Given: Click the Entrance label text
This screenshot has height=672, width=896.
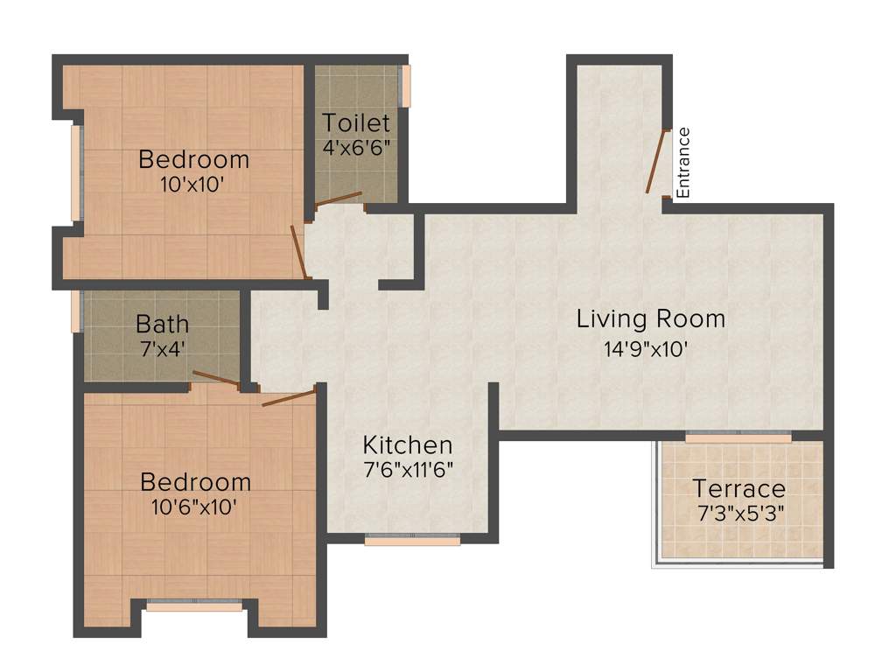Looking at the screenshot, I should pyautogui.click(x=684, y=163).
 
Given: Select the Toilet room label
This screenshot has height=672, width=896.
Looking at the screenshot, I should pyautogui.click(x=355, y=122).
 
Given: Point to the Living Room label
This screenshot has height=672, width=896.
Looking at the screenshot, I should pyautogui.click(x=650, y=318).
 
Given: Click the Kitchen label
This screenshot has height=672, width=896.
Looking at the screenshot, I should pyautogui.click(x=408, y=444).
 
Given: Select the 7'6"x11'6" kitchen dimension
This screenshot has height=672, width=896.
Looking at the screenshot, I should pyautogui.click(x=408, y=469).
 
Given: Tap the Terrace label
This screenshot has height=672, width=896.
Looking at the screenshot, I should pyautogui.click(x=738, y=488).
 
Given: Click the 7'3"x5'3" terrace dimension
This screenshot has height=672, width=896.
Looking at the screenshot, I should pyautogui.click(x=738, y=512).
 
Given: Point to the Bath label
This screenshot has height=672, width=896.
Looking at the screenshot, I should pyautogui.click(x=162, y=324).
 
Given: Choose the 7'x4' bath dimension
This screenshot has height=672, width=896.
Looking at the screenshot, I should pyautogui.click(x=162, y=347).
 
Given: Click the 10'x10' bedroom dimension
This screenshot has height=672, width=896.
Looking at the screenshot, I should pyautogui.click(x=193, y=185).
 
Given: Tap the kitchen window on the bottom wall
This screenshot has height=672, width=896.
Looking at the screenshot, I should pyautogui.click(x=412, y=540).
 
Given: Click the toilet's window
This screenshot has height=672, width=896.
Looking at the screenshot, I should pyautogui.click(x=404, y=87).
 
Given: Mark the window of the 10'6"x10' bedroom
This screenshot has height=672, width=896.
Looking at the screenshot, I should pyautogui.click(x=194, y=604).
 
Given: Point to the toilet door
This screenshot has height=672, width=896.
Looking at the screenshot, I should pyautogui.click(x=338, y=198).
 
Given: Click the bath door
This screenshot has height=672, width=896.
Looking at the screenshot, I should pyautogui.click(x=216, y=378).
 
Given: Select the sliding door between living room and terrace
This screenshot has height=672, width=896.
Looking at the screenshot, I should pyautogui.click(x=738, y=437).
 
